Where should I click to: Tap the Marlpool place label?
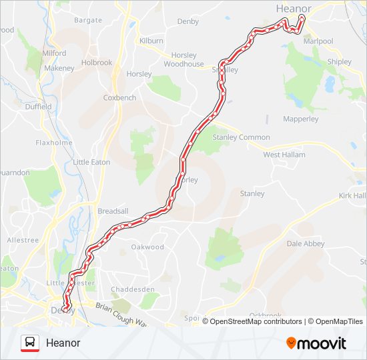point(318,41)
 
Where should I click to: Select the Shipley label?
point(339,62)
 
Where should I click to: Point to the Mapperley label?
point(301,120)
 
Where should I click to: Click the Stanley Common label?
point(241,137)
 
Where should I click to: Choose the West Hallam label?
point(284,155)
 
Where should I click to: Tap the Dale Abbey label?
point(306,244)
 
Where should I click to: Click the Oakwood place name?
point(147,247)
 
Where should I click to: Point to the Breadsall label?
point(113,211)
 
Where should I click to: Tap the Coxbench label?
point(119,97)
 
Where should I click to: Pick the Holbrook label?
point(97,63)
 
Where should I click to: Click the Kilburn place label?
point(151,41)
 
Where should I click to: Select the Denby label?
point(188,21)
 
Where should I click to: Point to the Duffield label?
point(38,107)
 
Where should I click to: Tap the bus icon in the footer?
point(29,343)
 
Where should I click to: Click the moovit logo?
point(316,343)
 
